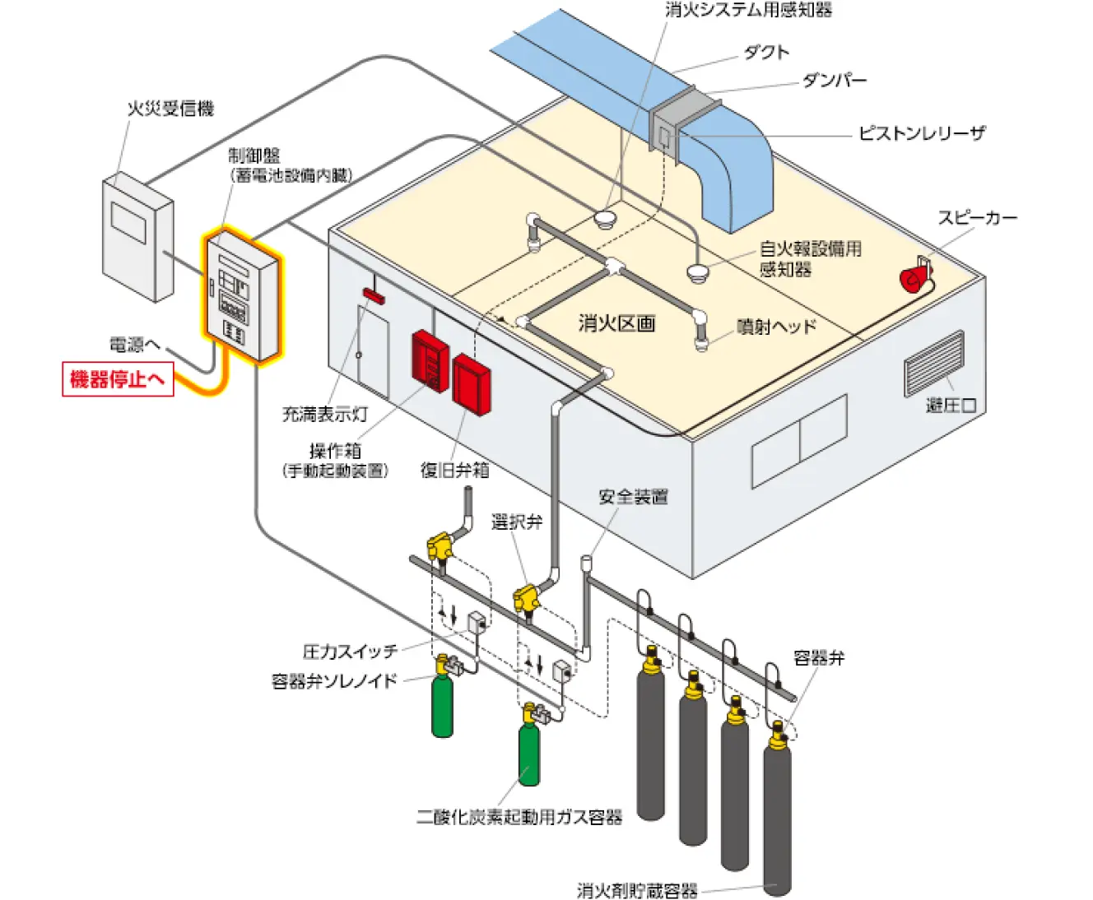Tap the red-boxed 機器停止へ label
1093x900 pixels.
click(118, 379)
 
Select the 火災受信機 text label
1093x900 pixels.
click(170, 109)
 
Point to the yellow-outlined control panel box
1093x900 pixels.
click(241, 296)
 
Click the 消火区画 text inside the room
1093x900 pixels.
click(616, 323)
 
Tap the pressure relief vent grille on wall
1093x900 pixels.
click(934, 363)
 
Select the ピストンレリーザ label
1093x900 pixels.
click(921, 133)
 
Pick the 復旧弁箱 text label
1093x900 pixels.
click(454, 470)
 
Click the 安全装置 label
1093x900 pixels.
click(633, 497)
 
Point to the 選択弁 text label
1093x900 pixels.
click(517, 522)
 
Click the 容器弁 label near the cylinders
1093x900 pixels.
click(818, 658)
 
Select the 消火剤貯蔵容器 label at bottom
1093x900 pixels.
click(637, 890)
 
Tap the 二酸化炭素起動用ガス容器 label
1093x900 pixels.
click(519, 817)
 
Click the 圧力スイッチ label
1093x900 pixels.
click(350, 652)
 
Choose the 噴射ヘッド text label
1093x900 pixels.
click(776, 327)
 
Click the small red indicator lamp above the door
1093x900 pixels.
click(374, 295)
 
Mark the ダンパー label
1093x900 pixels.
click(834, 81)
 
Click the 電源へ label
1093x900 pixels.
click(134, 345)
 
